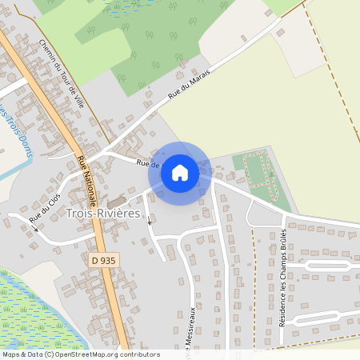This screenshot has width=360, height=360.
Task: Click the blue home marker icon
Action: point(180,172)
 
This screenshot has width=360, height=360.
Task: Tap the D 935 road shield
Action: point(98,261)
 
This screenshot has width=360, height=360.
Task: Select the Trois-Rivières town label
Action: point(103,214)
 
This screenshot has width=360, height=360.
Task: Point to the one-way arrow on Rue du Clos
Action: point(34,226)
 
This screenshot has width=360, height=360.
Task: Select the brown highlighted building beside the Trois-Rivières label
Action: point(117,201)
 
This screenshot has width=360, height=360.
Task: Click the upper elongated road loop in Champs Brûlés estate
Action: point(324,264)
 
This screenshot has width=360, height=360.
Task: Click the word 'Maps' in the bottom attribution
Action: point(11,354)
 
